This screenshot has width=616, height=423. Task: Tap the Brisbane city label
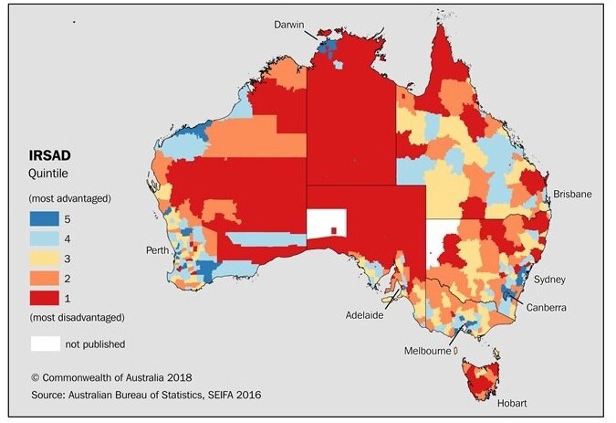[572, 195]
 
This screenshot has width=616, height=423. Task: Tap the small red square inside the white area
[335, 229]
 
